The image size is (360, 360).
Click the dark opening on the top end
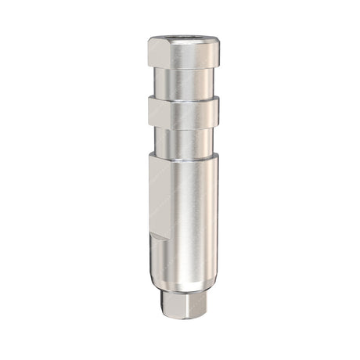click(182, 38)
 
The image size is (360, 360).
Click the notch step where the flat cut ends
click(159, 236)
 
